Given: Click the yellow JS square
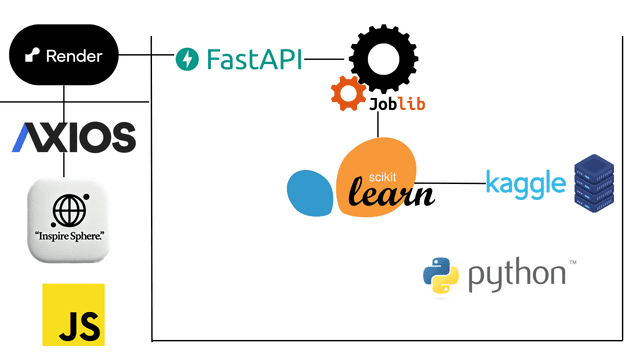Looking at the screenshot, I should click(x=73, y=314).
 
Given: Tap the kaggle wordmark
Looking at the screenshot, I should click(x=525, y=183).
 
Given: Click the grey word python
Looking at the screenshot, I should click(x=515, y=275).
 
